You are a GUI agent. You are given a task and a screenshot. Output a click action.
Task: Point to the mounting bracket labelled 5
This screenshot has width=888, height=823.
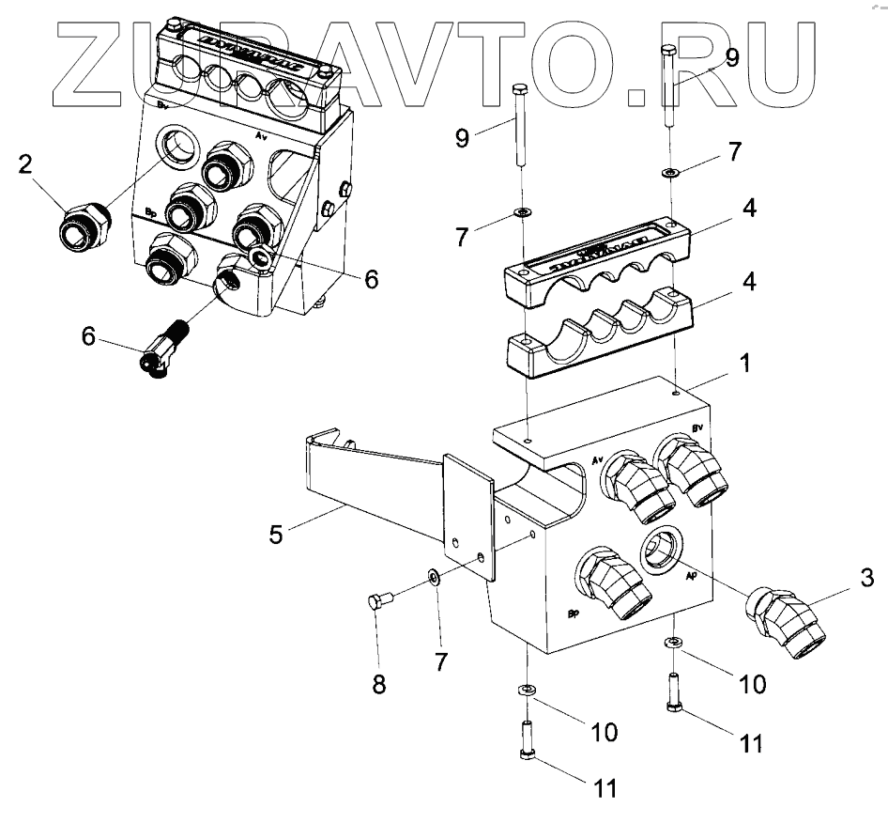click(394, 489)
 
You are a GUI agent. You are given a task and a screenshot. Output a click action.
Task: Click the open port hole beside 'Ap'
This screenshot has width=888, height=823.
click(663, 549)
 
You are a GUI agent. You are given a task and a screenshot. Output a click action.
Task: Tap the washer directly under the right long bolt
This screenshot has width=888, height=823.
click(669, 173)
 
